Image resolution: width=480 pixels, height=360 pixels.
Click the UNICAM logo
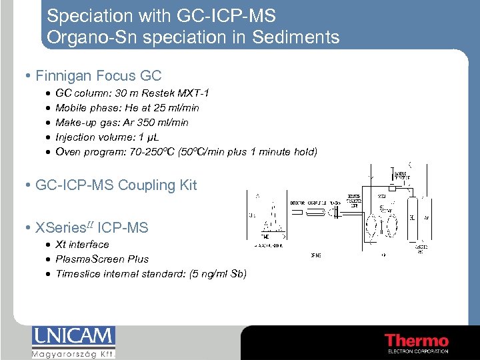click(73, 336)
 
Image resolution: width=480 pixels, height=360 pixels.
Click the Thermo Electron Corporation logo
click(416, 341)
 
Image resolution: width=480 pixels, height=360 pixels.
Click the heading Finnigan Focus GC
click(98, 76)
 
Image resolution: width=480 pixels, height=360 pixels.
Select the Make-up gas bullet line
click(122, 122)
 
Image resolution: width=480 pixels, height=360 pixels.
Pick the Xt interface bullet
click(82, 245)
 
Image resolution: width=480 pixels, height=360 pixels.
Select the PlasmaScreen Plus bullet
click(102, 259)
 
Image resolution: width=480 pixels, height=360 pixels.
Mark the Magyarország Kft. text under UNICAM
click(73, 355)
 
